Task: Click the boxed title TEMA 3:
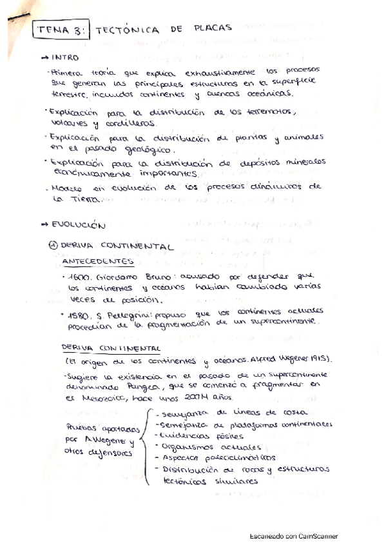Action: click(61, 30)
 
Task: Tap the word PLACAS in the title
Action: click(213, 29)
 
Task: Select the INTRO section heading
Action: click(64, 57)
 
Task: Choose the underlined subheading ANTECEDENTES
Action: click(98, 261)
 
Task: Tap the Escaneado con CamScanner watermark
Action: click(293, 536)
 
